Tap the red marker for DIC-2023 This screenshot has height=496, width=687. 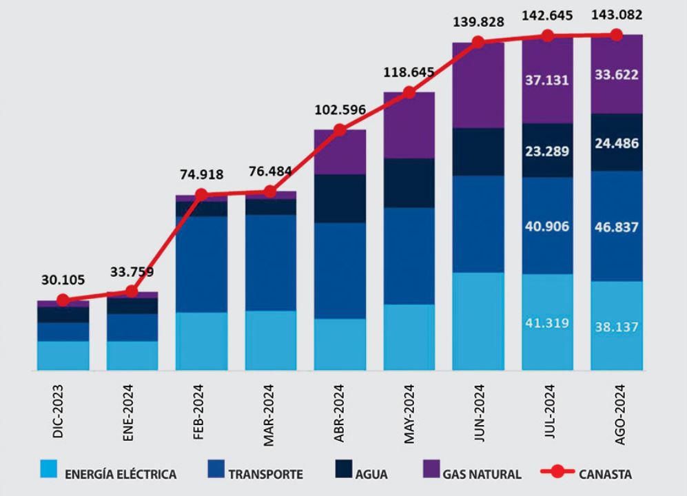63,300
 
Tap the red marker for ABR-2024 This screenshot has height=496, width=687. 339,130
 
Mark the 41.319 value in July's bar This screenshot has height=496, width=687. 547,322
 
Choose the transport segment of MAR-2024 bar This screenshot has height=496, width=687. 270,262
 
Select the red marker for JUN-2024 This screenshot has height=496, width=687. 478,42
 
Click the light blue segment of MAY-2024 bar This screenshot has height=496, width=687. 409,338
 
